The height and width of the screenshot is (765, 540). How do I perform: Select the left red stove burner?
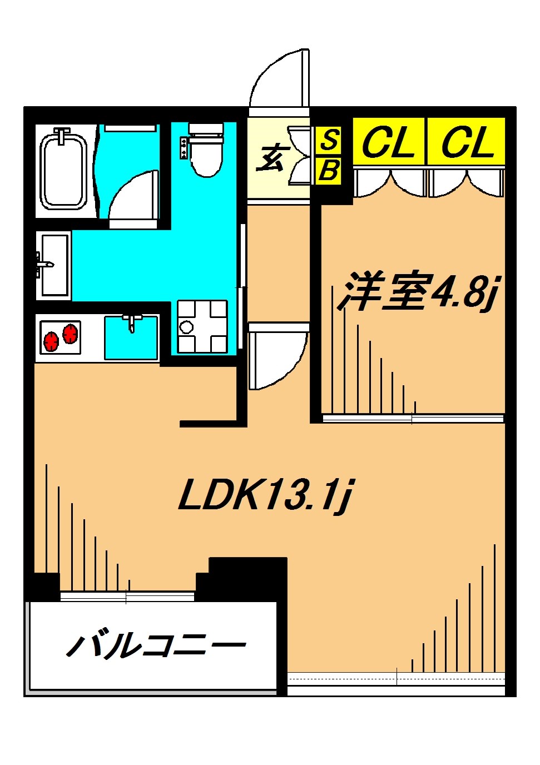pyautogui.click(x=51, y=340)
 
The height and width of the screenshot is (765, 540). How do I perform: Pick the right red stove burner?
pyautogui.click(x=71, y=334)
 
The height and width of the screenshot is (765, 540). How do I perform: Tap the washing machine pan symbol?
pyautogui.click(x=202, y=326)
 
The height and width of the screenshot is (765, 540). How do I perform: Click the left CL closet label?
pyautogui.click(x=389, y=142)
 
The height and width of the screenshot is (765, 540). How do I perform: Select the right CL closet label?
pyautogui.click(x=467, y=142)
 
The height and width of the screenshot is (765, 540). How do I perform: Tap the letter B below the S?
pyautogui.click(x=329, y=171)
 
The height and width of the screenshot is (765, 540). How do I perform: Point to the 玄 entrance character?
pyautogui.click(x=271, y=158)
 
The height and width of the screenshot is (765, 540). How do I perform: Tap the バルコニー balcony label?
pyautogui.click(x=156, y=645)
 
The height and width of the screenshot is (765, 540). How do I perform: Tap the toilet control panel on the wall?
pyautogui.click(x=184, y=147)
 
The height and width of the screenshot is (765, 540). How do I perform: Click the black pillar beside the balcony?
pyautogui.click(x=248, y=578)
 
